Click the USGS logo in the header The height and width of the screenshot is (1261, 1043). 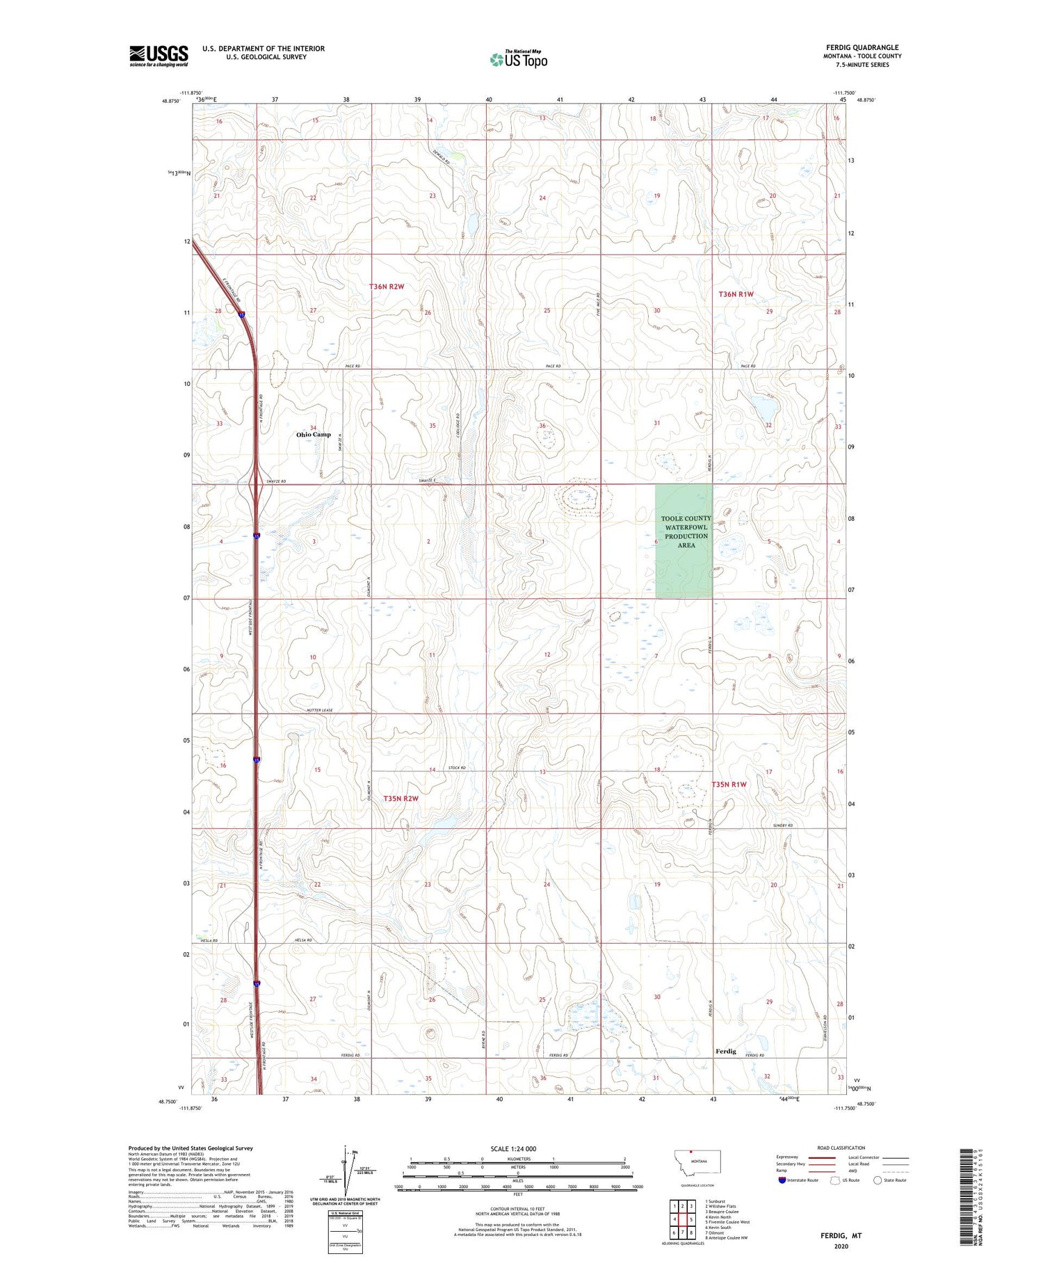coord(159,56)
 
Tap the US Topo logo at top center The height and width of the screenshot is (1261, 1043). coord(518,59)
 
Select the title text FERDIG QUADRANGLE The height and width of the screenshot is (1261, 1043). coord(862,47)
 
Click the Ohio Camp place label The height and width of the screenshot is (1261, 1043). coord(314,435)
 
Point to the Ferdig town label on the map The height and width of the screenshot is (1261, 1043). coord(725,1051)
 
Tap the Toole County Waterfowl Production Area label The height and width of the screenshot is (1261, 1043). coord(686,532)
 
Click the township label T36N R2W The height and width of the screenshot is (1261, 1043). coord(387,287)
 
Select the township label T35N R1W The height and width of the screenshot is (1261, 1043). coord(729,785)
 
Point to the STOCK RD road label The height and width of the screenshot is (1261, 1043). coord(456,768)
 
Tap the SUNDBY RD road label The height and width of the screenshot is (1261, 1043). coord(783,826)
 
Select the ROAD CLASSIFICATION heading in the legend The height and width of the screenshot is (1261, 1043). coord(841,1148)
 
